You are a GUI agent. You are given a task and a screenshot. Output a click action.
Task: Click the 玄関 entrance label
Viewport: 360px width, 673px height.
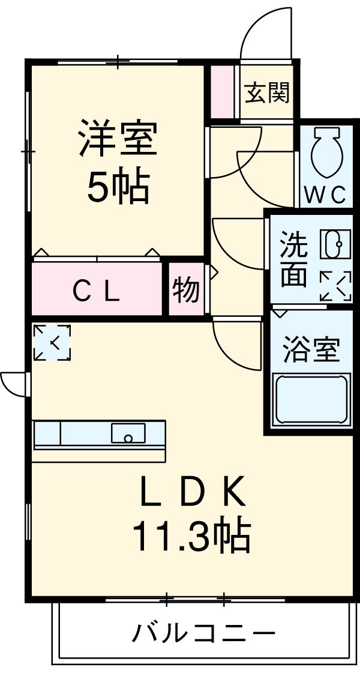tap(267, 93)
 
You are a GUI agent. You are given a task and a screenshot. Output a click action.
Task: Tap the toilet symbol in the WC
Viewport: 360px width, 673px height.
tap(326, 154)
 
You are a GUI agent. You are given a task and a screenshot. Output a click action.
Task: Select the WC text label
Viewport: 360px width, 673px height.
tap(326, 195)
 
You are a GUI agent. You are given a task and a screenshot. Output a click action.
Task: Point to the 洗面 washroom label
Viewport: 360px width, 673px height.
tap(294, 260)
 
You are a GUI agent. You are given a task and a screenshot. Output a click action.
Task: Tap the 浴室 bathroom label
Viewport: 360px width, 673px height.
tap(311, 350)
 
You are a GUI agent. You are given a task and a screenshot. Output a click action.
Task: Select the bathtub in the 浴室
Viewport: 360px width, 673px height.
tap(311, 400)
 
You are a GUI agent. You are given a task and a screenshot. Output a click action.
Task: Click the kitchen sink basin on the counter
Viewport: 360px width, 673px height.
tap(128, 433)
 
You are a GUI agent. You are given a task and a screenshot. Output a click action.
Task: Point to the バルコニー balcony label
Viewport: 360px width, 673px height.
tap(204, 633)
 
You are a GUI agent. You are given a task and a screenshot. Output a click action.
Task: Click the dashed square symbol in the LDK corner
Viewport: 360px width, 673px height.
tap(52, 343)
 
